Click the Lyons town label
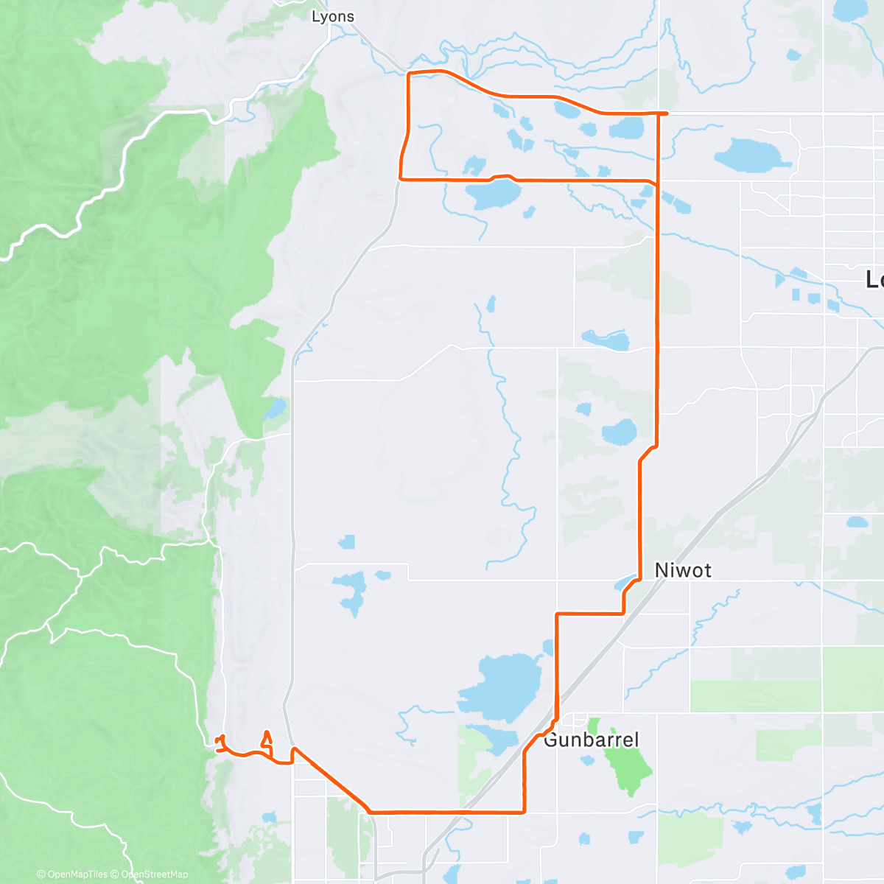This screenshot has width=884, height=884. pyautogui.click(x=333, y=16)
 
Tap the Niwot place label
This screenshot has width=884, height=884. pyautogui.click(x=683, y=570)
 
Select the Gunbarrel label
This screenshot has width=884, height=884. pyautogui.click(x=591, y=740)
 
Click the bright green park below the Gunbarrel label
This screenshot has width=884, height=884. pyautogui.click(x=626, y=766)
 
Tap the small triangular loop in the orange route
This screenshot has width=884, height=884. pyautogui.click(x=267, y=738)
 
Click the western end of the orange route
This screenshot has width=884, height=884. pyautogui.click(x=215, y=739)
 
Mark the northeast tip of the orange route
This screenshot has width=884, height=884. pyautogui.click(x=666, y=113)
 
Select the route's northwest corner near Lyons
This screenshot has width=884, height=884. pyautogui.click(x=409, y=74)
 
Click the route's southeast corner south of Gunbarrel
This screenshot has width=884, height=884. pyautogui.click(x=524, y=812)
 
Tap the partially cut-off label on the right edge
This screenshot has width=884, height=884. pyautogui.click(x=874, y=279)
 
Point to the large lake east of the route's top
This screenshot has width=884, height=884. pyautogui.click(x=747, y=155)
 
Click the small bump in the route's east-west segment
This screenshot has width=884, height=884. pyautogui.click(x=502, y=176)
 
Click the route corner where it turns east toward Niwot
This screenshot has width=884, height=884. pyautogui.click(x=557, y=614)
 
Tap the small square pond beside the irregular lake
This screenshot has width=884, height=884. pyautogui.click(x=346, y=543)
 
